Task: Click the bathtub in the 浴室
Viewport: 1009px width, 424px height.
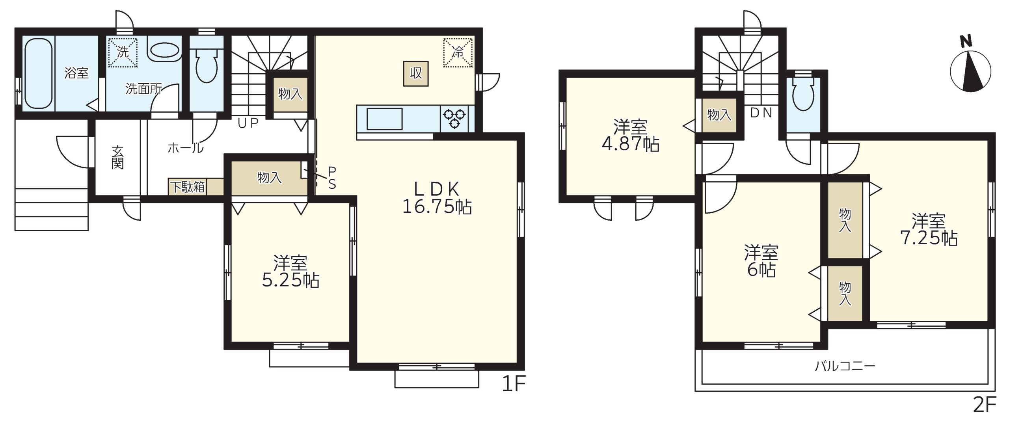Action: [38, 73]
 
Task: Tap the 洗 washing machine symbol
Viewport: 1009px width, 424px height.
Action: [123, 52]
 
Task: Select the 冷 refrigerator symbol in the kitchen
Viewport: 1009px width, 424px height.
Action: [458, 52]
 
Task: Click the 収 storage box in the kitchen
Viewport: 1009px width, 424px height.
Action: [415, 73]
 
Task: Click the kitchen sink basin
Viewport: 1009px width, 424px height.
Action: [384, 119]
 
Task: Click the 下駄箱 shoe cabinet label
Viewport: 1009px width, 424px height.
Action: [188, 187]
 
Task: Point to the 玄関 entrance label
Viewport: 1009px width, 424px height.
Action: [117, 158]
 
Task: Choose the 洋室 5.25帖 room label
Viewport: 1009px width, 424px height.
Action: [290, 272]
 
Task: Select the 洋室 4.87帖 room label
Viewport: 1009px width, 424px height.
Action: [630, 136]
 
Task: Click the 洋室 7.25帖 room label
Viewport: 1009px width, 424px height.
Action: [929, 229]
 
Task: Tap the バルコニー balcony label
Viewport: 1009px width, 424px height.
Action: [845, 366]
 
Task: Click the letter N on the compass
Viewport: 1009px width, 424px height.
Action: [966, 41]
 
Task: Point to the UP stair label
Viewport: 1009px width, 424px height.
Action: [248, 123]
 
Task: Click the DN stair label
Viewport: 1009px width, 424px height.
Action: [761, 113]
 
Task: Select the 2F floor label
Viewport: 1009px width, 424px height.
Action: [985, 405]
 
